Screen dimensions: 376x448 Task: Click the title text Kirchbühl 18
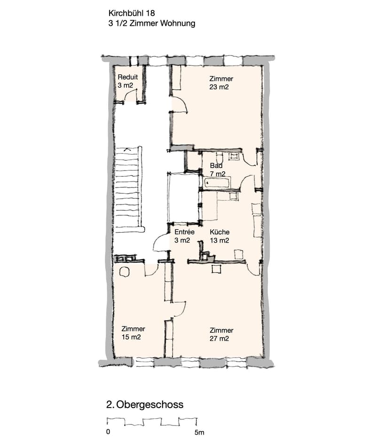coord(132,13)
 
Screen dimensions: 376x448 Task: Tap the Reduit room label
coord(128,77)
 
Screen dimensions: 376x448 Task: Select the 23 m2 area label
coord(219,87)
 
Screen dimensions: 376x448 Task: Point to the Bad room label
coord(216,165)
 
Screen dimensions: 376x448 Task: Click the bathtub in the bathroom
coord(217,183)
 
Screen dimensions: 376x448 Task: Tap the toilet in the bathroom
coord(219,157)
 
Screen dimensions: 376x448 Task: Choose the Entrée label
coord(184,232)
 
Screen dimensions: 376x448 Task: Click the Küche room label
coord(219,232)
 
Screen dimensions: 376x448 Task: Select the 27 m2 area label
coord(219,338)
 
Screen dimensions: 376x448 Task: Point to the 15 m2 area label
coord(131,337)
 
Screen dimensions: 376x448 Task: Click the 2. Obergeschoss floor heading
coord(145,405)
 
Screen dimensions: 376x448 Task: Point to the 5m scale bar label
coord(199,432)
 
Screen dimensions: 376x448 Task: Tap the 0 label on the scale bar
coord(108,432)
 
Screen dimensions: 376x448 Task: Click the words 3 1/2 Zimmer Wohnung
coord(152,24)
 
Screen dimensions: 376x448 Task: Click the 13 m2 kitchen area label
coord(219,241)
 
